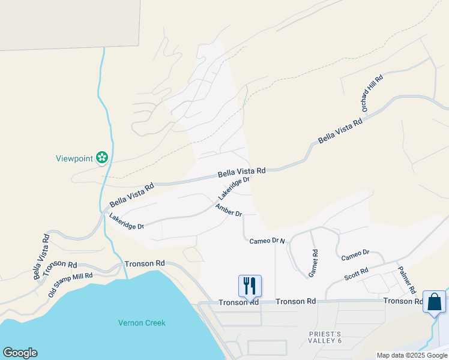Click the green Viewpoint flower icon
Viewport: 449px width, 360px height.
click(103, 158)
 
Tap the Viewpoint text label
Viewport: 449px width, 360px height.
click(74, 158)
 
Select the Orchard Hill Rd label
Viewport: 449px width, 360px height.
click(372, 94)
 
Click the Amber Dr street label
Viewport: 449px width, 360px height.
click(229, 210)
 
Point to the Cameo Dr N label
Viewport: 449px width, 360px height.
click(267, 241)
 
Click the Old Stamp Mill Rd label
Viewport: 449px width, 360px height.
click(70, 284)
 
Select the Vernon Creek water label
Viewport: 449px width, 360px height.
click(142, 323)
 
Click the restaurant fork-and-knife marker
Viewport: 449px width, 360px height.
click(250, 286)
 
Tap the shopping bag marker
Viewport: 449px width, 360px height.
click(434, 301)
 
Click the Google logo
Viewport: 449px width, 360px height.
click(20, 353)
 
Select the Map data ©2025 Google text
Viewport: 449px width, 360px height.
click(411, 355)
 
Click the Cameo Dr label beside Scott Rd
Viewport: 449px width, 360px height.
click(355, 256)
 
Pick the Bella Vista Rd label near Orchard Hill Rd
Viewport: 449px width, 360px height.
click(341, 131)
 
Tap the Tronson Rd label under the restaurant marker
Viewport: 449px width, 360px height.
click(238, 302)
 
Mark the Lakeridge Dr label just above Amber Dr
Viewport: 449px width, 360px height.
click(234, 188)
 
